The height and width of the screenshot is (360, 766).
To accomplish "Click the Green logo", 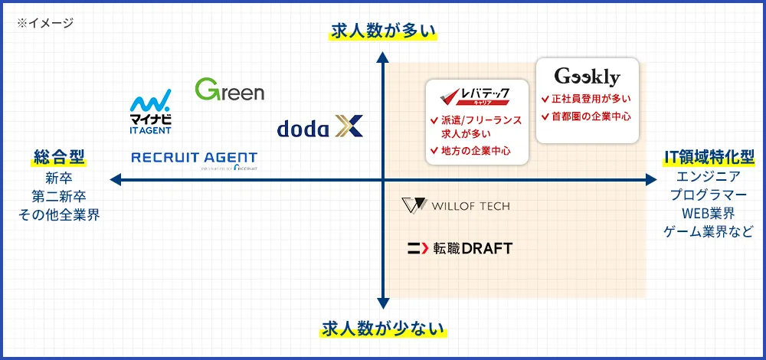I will pos(230,90).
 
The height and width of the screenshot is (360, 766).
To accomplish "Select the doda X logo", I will pos(319,127).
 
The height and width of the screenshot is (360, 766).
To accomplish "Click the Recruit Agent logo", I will pos(195,159).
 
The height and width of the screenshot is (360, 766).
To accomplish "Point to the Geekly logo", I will pos(587,77).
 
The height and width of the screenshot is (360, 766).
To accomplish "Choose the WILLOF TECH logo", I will pos(456,206).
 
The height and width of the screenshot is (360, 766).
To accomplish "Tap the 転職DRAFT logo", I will pos(460,248).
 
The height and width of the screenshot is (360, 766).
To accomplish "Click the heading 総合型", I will pos(59,159).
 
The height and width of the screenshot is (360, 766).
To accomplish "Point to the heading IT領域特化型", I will pos(709,159).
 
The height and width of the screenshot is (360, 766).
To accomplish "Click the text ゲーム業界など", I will pos(709,232).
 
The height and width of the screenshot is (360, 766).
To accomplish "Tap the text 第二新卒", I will pos(59,196).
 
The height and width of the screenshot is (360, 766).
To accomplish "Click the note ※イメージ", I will pos(45,23).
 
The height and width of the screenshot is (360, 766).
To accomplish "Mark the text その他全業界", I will pos(59,214).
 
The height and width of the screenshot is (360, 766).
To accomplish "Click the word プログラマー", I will pos(709,195).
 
